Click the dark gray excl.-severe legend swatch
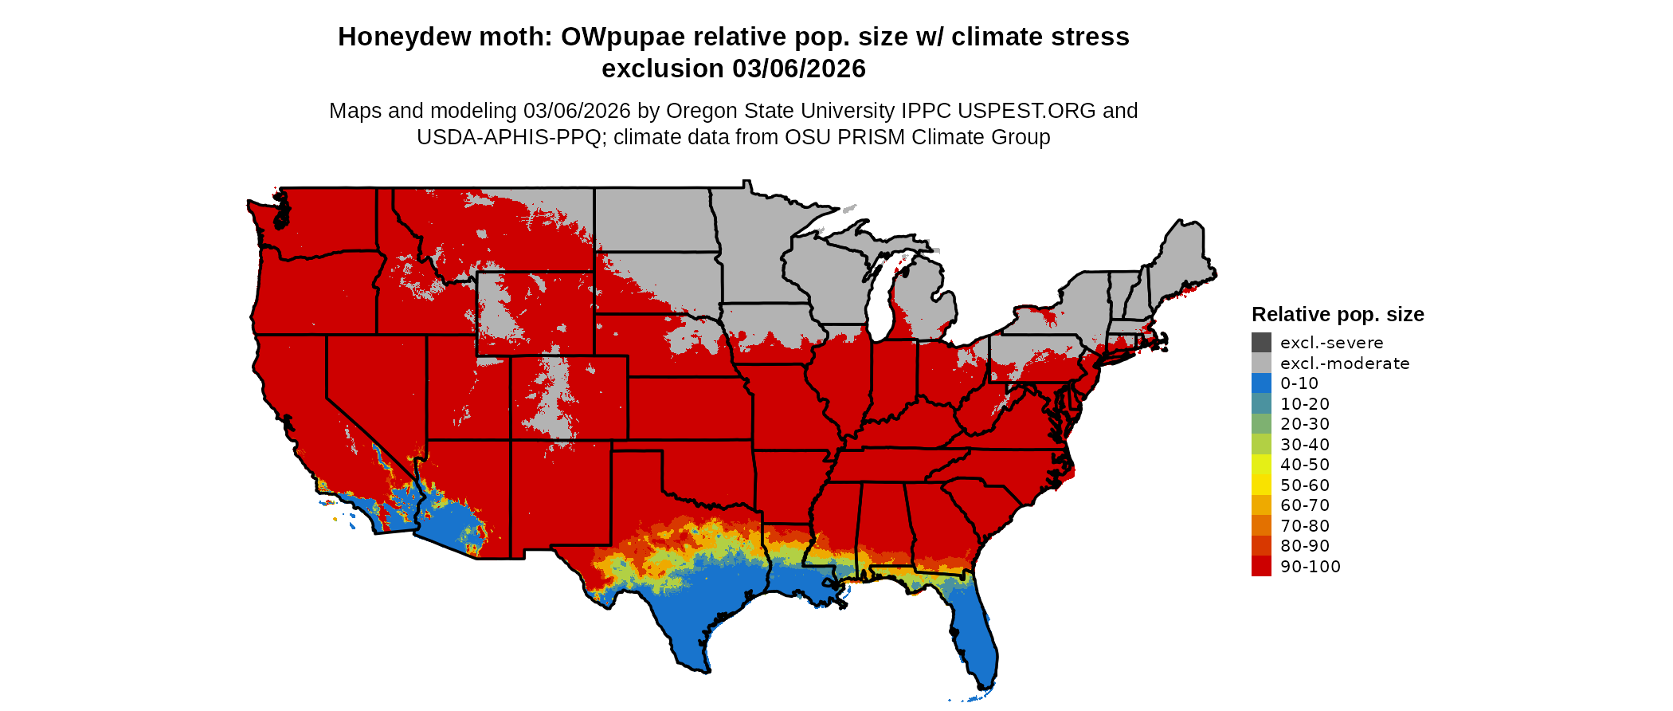(x=1261, y=343)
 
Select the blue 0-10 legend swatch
(x=1261, y=383)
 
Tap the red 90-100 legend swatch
(x=1261, y=567)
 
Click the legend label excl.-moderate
(x=1345, y=363)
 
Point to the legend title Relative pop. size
(x=1338, y=314)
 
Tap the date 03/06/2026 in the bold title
(x=798, y=69)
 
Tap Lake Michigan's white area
(x=880, y=303)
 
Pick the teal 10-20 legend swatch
(x=1261, y=404)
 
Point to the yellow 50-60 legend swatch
(x=1261, y=485)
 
